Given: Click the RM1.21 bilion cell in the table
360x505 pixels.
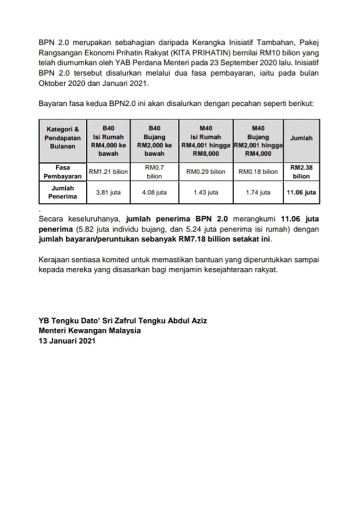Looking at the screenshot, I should coord(108,172).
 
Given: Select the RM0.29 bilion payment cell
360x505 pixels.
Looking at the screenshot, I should coord(205,172).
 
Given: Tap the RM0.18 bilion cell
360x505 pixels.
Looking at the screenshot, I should coord(258,172).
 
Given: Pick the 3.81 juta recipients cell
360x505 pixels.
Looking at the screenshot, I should coord(108,193).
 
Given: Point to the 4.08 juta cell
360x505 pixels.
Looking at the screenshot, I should coord(154,193).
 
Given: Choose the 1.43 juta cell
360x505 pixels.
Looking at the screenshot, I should coord(205,193).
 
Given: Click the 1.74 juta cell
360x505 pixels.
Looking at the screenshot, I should coord(258,193).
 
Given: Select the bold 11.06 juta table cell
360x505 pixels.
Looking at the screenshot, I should coord(301,193).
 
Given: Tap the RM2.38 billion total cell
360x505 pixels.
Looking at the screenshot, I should coord(301,171).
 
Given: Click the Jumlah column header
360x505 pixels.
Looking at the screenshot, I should coord(301,138).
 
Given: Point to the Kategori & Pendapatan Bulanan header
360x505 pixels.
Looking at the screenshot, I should coord(63,138).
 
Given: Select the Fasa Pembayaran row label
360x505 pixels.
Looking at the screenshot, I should coord(63,171).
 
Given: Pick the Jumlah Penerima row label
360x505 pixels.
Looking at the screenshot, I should coord(63,192).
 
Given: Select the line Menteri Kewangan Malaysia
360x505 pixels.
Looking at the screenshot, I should coord(89,330).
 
